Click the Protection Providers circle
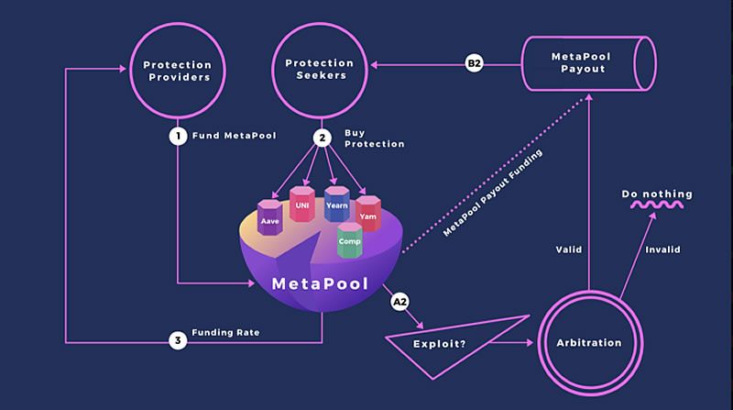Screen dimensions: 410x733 (177, 72)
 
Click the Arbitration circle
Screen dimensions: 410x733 (589, 342)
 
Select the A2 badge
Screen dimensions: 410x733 (399, 301)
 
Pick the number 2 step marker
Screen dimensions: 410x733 (322, 139)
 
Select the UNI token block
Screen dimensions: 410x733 (301, 203)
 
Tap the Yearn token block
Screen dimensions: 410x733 (336, 204)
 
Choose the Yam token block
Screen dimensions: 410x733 (367, 213)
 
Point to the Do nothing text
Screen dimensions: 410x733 (657, 194)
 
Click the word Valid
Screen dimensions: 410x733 (569, 249)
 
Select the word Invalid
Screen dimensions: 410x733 (662, 249)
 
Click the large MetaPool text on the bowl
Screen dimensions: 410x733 (320, 283)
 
